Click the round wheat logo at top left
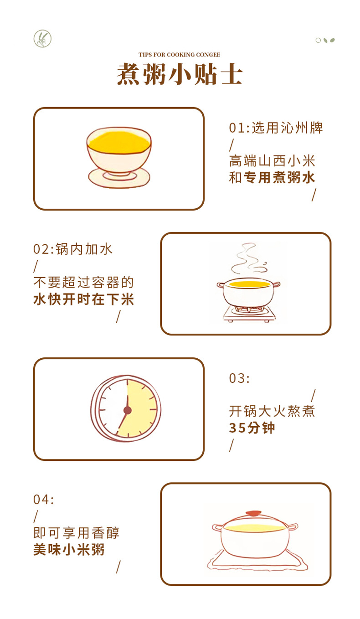click(x=42, y=38)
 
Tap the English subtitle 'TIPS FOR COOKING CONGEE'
click(x=179, y=55)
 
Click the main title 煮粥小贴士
click(x=180, y=74)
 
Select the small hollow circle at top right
click(x=318, y=41)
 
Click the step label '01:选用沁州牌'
click(x=276, y=128)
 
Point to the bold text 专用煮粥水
click(x=279, y=177)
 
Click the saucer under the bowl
click(x=119, y=178)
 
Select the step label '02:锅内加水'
click(x=72, y=249)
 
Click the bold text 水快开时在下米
click(x=83, y=299)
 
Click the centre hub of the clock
click(x=128, y=410)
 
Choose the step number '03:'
click(x=239, y=378)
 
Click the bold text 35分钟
click(x=252, y=428)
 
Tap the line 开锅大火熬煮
click(x=272, y=411)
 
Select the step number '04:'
click(x=43, y=499)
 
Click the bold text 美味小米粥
click(x=69, y=549)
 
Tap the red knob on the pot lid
click(x=253, y=513)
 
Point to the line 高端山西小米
click(x=272, y=161)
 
